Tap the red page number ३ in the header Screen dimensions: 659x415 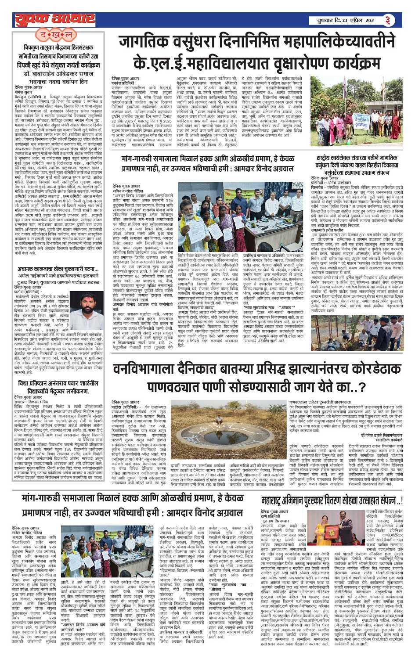point(388,20)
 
